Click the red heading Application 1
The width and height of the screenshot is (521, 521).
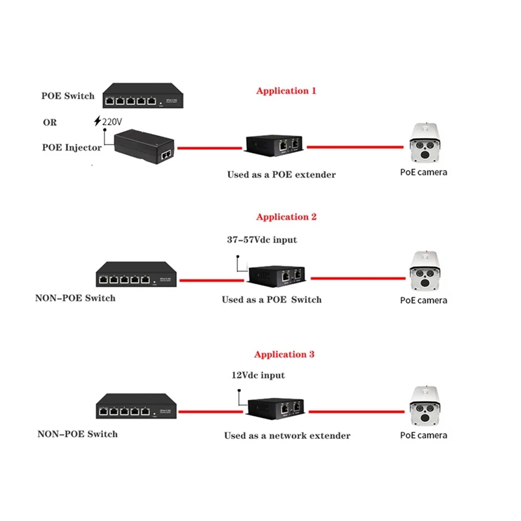click(286, 91)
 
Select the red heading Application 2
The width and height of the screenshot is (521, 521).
click(286, 217)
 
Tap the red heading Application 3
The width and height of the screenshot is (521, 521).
click(284, 354)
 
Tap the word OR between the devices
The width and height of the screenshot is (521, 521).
click(49, 122)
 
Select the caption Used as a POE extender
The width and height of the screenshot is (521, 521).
click(281, 175)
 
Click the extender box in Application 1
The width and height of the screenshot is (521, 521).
click(275, 145)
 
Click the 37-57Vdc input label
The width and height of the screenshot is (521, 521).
click(261, 240)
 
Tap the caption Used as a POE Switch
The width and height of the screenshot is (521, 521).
click(272, 300)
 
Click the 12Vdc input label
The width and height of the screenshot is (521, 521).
click(259, 375)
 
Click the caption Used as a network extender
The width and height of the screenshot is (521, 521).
click(287, 436)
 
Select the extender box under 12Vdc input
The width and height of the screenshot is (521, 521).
click(276, 408)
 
